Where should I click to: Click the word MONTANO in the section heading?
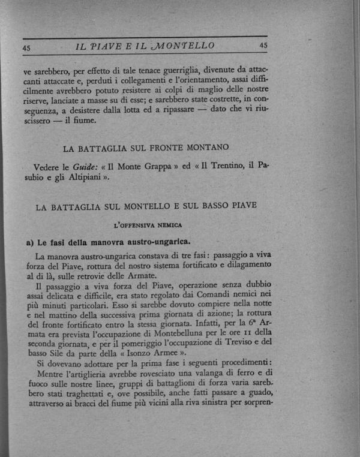[x=203, y=146]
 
